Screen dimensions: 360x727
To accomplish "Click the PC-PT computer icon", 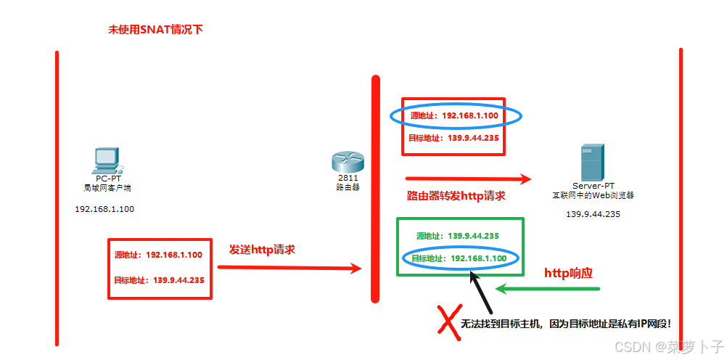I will (x=107, y=159).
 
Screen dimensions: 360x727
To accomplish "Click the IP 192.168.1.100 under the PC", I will (x=104, y=209).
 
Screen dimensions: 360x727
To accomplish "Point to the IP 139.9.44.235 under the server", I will (x=593, y=214).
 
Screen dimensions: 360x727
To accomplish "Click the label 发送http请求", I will (x=262, y=249).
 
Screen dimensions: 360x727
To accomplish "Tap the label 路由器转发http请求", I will (x=456, y=196).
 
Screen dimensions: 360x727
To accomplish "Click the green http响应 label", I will (x=569, y=274).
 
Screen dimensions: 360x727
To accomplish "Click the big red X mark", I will (x=446, y=322).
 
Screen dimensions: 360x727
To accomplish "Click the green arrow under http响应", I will (x=548, y=289).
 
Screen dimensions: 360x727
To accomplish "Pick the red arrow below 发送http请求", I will (x=289, y=268).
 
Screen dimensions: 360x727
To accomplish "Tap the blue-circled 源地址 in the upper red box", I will (x=455, y=115).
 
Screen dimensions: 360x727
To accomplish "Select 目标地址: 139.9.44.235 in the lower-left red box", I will (x=159, y=280).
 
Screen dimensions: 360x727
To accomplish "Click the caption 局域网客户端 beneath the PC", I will (x=107, y=188).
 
